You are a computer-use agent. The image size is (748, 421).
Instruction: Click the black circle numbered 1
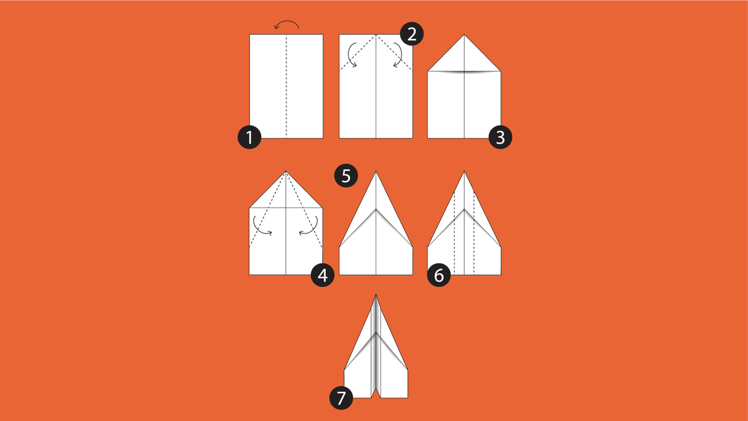coord(250,137)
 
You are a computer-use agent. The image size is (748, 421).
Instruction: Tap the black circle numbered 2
coord(412,34)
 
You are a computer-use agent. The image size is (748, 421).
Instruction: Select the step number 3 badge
coord(500,137)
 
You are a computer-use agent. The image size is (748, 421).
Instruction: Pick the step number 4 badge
coord(323,275)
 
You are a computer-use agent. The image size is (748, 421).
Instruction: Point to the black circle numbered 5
coord(346,175)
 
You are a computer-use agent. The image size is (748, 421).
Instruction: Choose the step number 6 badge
coord(439,275)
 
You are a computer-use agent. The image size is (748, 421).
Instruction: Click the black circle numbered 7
coord(341,398)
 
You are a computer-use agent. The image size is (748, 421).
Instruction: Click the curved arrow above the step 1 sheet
coord(286,22)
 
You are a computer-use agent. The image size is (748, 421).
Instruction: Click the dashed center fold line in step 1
coord(286,86)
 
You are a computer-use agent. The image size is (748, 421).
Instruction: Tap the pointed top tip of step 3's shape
coord(464,34)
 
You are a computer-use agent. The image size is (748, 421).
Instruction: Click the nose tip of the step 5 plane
coord(376,171)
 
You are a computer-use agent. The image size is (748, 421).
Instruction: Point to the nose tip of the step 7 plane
coord(376,294)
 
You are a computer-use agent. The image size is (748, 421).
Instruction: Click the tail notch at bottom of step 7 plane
coord(376,388)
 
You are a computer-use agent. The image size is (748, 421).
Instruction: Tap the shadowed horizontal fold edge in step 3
coord(464,71)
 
